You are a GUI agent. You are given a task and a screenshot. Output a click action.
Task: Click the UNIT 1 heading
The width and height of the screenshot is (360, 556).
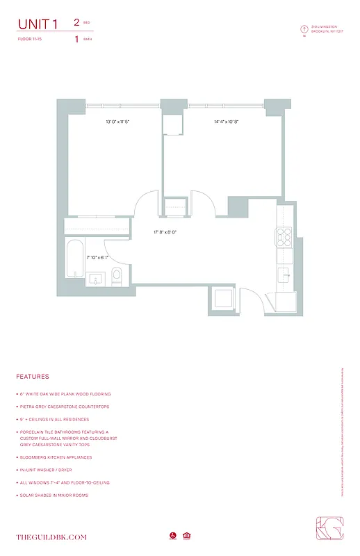click(x=38, y=24)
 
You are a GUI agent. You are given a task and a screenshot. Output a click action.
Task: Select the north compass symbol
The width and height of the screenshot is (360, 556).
click(x=304, y=29)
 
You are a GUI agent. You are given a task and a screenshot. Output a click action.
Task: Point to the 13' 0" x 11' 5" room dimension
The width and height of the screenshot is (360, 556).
click(x=117, y=122)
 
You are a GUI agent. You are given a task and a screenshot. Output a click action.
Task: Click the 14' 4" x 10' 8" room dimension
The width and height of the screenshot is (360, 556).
click(x=226, y=122)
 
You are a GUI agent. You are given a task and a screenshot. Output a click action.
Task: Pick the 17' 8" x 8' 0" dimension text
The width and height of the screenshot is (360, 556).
click(x=165, y=232)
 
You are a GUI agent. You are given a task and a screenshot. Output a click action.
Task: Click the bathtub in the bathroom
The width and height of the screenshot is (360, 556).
click(x=74, y=259)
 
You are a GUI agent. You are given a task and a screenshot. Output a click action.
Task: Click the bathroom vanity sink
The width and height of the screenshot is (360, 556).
click(x=96, y=278)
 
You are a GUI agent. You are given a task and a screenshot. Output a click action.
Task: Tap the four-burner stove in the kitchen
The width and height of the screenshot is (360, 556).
click(x=285, y=238)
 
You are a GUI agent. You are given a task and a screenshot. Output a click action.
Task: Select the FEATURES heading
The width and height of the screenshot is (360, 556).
click(x=33, y=377)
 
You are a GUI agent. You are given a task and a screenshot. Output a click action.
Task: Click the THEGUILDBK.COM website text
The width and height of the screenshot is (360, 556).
click(x=51, y=537)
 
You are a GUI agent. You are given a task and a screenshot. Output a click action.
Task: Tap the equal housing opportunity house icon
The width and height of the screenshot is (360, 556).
click(x=186, y=536)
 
